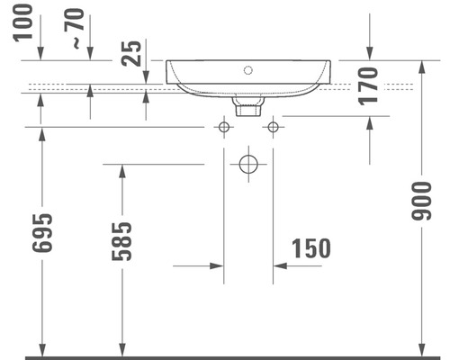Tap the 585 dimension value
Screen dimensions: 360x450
click(123, 240)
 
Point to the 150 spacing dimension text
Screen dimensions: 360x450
click(310, 247)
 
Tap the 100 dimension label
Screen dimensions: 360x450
click(23, 23)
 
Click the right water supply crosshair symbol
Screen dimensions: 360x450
click(273, 128)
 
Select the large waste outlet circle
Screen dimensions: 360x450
click(247, 165)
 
